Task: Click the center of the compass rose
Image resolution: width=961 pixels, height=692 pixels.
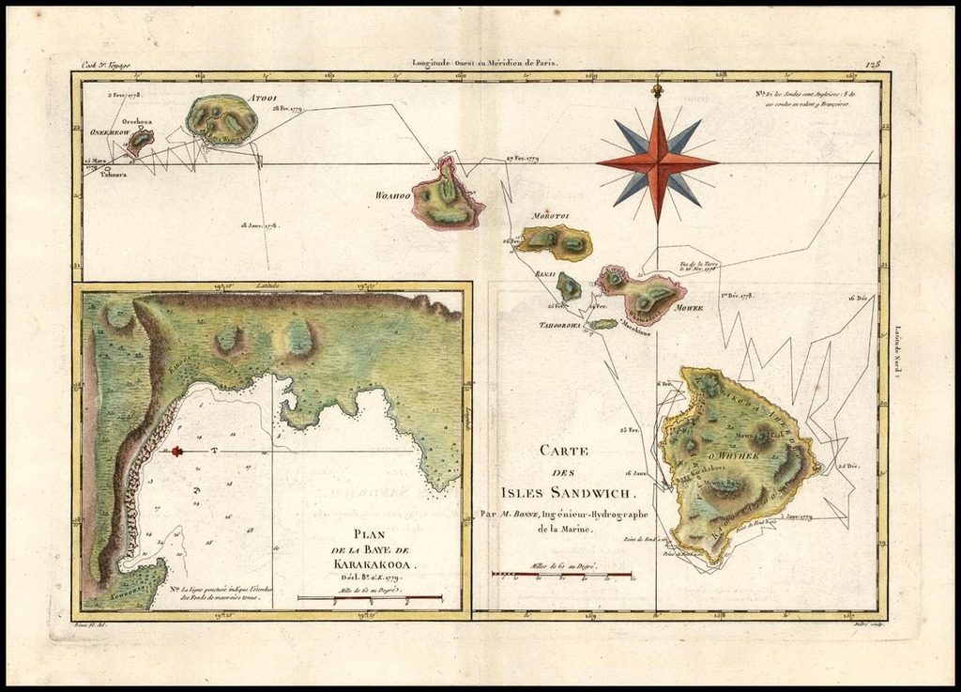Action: [657, 161]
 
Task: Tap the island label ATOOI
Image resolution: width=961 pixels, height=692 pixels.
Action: [262, 98]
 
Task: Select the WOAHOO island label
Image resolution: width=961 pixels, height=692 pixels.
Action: [392, 194]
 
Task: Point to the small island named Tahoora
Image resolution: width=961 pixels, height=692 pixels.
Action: [107, 170]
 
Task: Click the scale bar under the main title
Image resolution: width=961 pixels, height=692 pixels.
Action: [561, 574]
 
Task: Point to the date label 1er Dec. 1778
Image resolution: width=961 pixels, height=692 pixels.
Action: [738, 296]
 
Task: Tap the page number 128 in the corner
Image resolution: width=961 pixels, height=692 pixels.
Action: [874, 64]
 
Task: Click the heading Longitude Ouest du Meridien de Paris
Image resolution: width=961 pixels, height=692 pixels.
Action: [485, 64]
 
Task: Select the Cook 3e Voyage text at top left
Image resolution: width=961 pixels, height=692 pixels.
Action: [105, 65]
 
